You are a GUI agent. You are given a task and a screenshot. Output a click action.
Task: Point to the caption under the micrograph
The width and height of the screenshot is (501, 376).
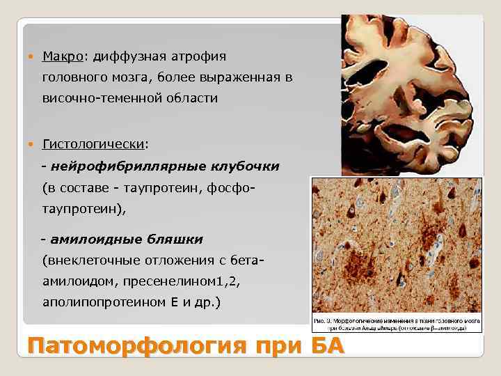pyautogui.click(x=404, y=323)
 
